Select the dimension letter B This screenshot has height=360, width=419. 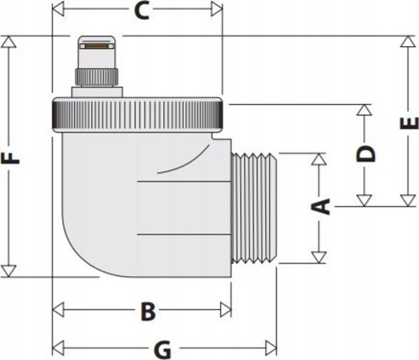pyautogui.click(x=148, y=311)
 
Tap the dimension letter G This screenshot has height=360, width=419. pyautogui.click(x=163, y=350)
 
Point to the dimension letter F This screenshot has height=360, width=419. pyautogui.click(x=10, y=158)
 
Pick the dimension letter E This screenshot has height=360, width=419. pyautogui.click(x=409, y=123)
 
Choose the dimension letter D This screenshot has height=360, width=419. pyautogui.click(x=366, y=154)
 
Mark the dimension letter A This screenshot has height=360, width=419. pyautogui.click(x=321, y=206)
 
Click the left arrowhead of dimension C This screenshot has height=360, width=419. pyautogui.click(x=58, y=8)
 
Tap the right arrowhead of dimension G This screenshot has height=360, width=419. pyautogui.click(x=271, y=348)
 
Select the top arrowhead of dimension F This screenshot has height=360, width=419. pyautogui.click(x=8, y=42)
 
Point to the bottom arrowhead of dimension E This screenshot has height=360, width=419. pyautogui.click(x=408, y=201)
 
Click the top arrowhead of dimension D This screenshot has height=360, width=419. pyautogui.click(x=365, y=110)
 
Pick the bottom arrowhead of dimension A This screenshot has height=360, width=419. pyautogui.click(x=319, y=257)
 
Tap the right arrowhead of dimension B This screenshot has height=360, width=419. pyautogui.click(x=226, y=310)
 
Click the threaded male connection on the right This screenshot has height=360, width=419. pyautogui.click(x=253, y=208)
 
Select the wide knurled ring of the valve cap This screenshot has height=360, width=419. pyautogui.click(x=138, y=115)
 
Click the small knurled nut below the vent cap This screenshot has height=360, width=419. pyautogui.click(x=96, y=77)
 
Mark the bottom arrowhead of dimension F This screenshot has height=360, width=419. pyautogui.click(x=8, y=271)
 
